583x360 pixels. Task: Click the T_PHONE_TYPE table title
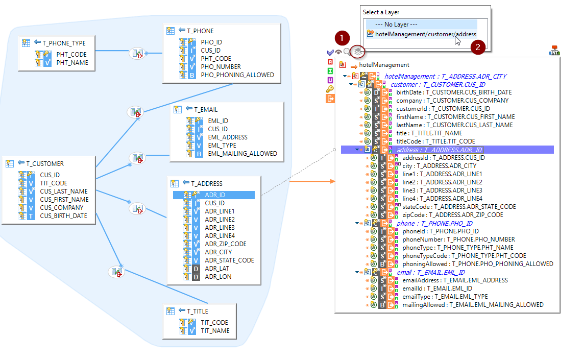tap(64, 43)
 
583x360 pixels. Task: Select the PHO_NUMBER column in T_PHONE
tap(221, 67)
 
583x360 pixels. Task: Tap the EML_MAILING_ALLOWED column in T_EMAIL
tap(242, 154)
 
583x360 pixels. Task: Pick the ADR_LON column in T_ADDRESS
tap(218, 277)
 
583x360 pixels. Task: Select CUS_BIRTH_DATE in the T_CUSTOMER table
tap(64, 216)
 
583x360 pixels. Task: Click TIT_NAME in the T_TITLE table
tap(215, 331)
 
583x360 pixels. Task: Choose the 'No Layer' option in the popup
tap(396, 25)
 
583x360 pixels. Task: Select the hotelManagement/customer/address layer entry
tap(426, 34)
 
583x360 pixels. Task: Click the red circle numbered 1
tap(342, 38)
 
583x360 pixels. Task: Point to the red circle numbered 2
tap(478, 47)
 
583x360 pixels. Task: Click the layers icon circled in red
tap(358, 52)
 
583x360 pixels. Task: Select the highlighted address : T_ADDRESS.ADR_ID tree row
tap(439, 150)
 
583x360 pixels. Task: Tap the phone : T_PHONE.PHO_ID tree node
tap(434, 224)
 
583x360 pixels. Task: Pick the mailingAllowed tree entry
tap(473, 305)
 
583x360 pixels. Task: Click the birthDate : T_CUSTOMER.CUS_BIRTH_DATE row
tap(454, 92)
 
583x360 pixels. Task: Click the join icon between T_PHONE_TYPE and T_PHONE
tap(137, 54)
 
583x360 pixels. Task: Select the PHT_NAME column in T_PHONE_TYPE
tap(72, 63)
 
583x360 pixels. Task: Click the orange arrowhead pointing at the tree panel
tap(333, 181)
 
